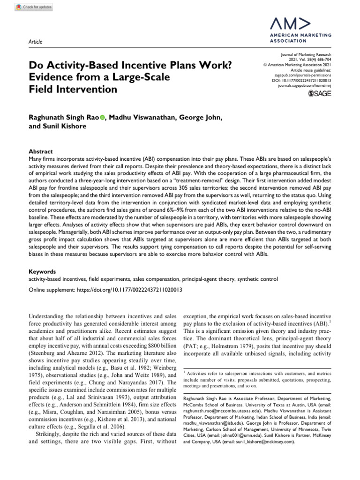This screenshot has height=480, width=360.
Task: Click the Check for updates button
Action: click(34, 7)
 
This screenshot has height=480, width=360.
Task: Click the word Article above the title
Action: click(36, 42)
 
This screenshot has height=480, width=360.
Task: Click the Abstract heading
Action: click(40, 152)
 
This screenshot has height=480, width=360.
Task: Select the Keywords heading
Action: click(43, 271)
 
